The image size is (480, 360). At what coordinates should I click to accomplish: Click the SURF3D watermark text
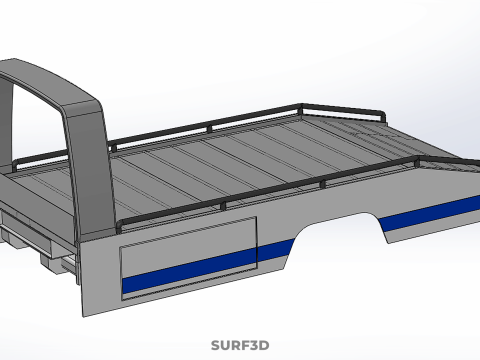click(x=240, y=345)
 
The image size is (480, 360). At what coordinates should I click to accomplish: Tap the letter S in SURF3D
click(x=216, y=345)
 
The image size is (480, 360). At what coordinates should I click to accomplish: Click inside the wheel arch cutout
click(x=337, y=240)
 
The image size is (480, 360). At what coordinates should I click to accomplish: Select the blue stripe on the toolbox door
click(x=189, y=271)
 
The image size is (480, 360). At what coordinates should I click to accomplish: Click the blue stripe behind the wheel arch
click(x=430, y=213)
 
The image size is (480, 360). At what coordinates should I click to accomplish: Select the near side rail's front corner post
click(x=120, y=227)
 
